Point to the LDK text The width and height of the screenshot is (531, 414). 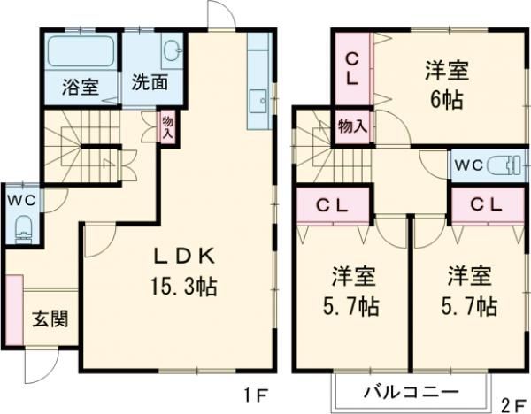coord(183,257)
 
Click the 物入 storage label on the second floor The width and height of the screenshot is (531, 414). coord(352,126)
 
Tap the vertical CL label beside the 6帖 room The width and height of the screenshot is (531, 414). coord(351,67)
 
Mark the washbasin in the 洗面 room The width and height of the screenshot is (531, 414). coord(171,50)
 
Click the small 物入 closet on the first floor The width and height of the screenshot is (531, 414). coord(166,125)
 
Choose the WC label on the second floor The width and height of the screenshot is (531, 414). coord(468,164)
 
